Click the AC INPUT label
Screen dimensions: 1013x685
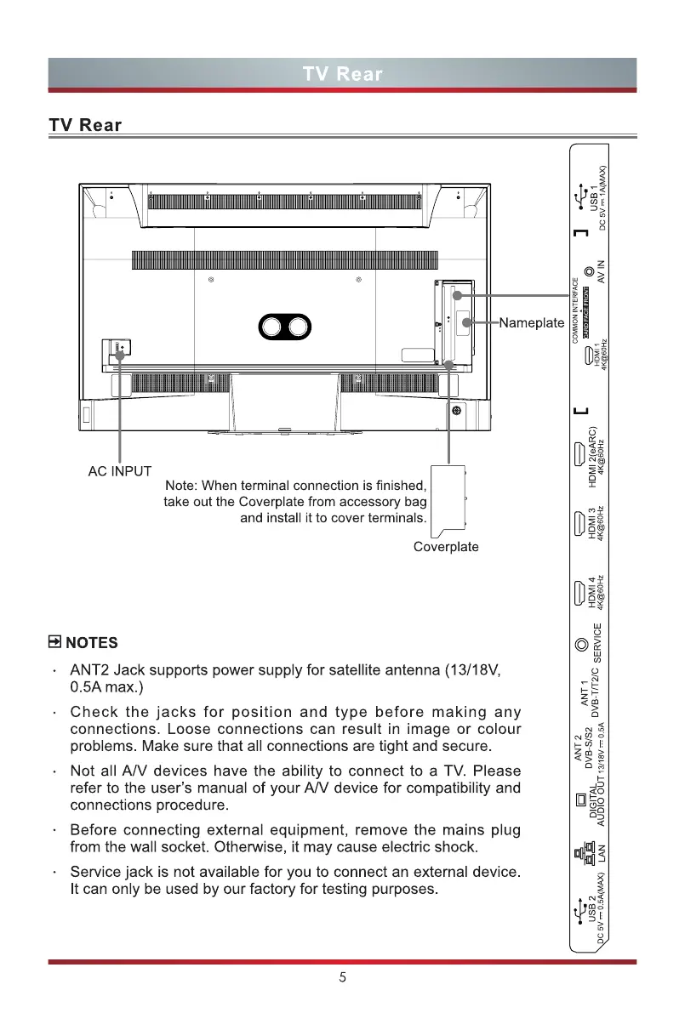pyautogui.click(x=120, y=470)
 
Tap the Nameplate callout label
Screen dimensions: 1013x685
pyautogui.click(x=532, y=323)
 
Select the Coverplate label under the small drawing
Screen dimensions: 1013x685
pyautogui.click(x=446, y=547)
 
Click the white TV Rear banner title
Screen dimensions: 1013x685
pyautogui.click(x=342, y=74)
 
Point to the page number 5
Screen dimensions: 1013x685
pyautogui.click(x=342, y=977)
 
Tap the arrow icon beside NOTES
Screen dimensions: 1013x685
pyautogui.click(x=55, y=641)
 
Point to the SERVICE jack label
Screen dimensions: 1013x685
pyautogui.click(x=597, y=643)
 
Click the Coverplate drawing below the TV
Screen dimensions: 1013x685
pyautogui.click(x=449, y=498)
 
